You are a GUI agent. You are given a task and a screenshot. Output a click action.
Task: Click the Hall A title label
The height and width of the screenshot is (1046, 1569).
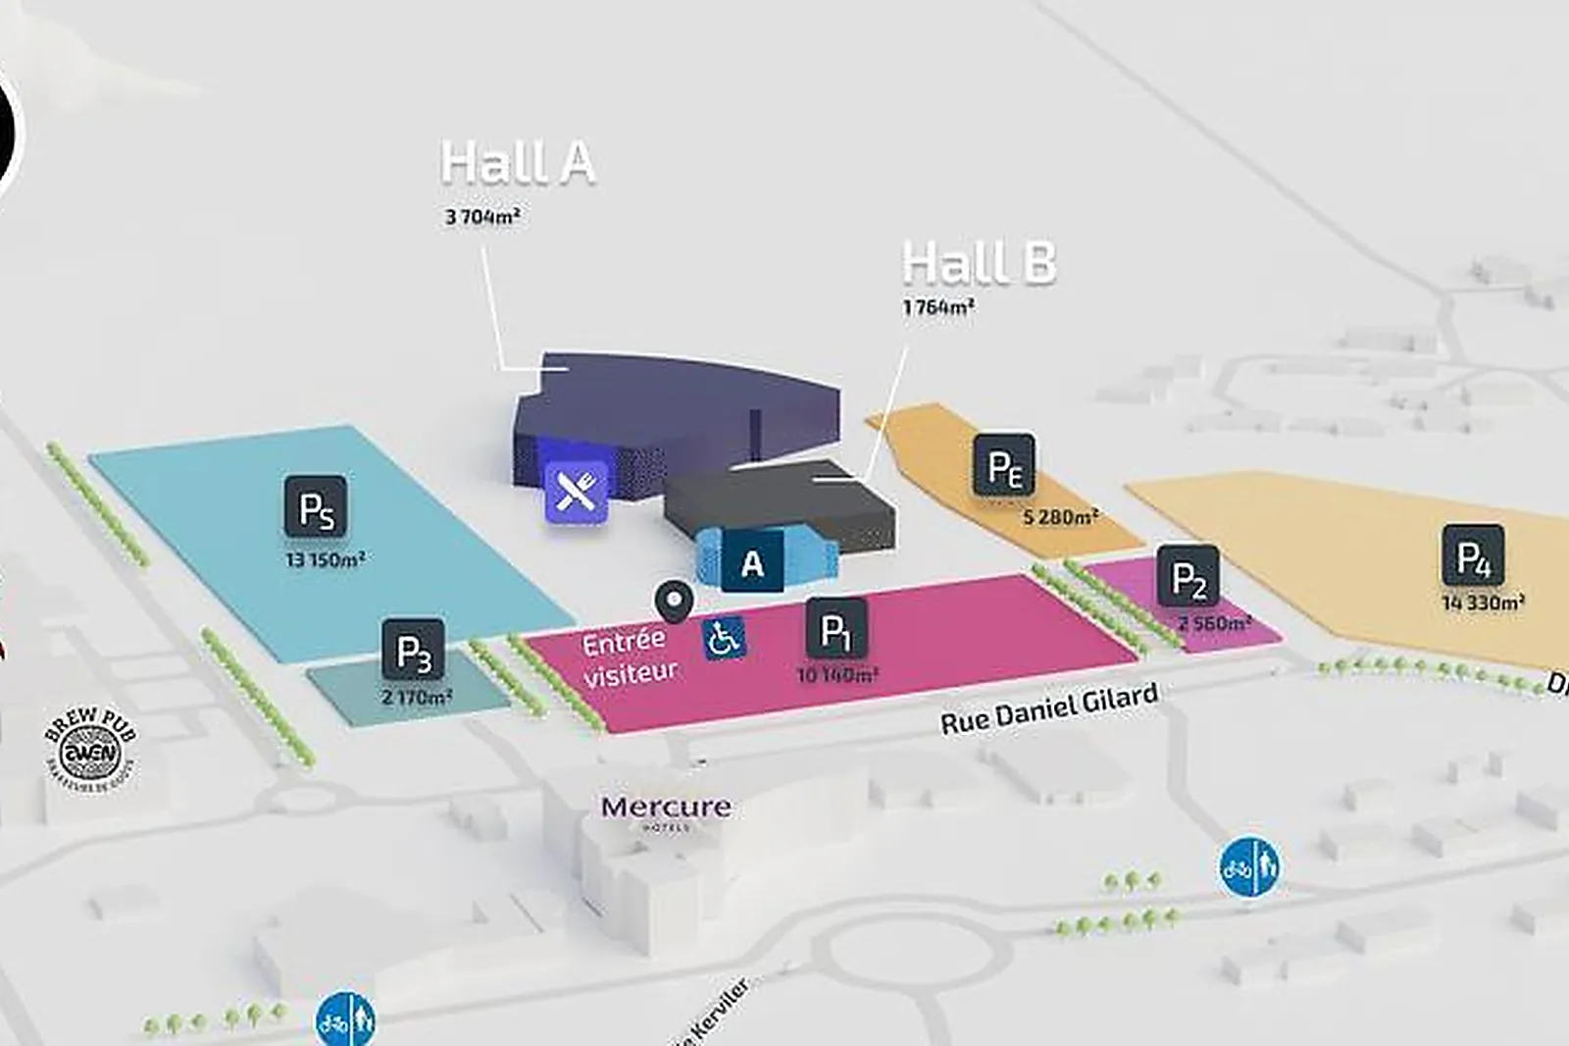pos(518,163)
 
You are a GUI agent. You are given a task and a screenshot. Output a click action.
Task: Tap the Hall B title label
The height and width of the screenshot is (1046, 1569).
pos(979,263)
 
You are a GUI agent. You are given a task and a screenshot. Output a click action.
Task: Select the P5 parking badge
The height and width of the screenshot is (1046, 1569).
pos(316,507)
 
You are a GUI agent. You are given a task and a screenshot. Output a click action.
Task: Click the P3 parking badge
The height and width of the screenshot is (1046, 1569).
pos(413,650)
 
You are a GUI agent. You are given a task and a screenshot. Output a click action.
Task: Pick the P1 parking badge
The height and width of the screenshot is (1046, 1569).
pos(835,629)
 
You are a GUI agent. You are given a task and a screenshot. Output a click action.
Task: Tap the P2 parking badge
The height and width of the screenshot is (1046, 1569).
pos(1189,577)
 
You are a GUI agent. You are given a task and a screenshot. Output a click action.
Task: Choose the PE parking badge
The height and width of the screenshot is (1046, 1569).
pos(1004,465)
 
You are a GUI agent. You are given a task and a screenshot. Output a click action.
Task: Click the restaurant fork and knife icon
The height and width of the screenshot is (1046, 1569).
pos(577,490)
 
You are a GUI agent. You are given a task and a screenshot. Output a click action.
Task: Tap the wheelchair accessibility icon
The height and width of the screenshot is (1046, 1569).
pos(725,639)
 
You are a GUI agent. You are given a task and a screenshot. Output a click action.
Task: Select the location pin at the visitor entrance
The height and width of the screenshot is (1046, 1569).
pos(675,601)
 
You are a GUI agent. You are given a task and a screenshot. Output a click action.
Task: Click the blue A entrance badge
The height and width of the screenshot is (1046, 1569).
pos(752,562)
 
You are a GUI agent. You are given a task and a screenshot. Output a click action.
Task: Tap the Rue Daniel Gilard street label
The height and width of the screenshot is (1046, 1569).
pos(1049,709)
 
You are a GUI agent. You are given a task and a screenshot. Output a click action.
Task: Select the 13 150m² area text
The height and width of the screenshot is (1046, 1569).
pos(326,560)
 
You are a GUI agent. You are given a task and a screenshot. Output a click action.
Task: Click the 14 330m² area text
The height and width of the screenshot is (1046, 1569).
pos(1483,602)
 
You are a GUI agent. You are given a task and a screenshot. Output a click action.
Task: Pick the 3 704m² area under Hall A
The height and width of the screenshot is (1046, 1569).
pos(481,217)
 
